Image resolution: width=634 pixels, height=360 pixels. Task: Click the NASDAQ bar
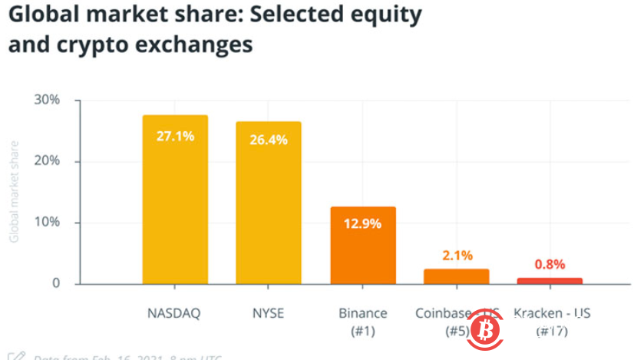[175, 200]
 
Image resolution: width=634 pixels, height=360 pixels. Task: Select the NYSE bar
[268, 203]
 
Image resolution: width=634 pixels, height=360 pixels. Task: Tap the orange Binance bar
[363, 245]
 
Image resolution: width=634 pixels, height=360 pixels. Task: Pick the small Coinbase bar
[456, 276]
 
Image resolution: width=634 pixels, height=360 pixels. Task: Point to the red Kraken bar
[549, 281]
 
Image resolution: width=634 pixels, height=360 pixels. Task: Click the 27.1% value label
[175, 136]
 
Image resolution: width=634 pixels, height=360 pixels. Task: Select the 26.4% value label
[268, 140]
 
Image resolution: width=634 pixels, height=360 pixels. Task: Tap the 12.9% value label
[363, 224]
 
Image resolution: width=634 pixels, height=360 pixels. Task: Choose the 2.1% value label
[456, 256]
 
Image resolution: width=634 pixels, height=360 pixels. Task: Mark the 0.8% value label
[549, 264]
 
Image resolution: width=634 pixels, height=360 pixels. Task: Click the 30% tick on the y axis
[47, 101]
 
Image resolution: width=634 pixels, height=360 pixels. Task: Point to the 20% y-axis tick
[47, 161]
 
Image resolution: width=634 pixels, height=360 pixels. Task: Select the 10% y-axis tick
[47, 223]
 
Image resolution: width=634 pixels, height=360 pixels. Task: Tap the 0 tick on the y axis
[56, 284]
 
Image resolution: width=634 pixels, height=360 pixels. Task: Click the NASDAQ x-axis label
[174, 314]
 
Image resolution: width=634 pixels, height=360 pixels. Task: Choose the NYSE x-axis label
[268, 314]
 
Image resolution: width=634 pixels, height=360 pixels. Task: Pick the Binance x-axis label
[363, 314]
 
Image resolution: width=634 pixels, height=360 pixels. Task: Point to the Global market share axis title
[14, 192]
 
